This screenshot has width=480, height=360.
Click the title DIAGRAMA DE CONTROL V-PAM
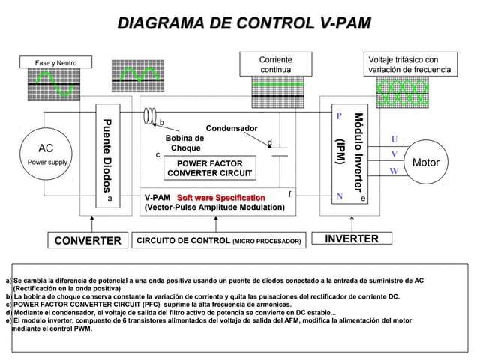coord(244,23)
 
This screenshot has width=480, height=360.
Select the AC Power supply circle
coord(46,154)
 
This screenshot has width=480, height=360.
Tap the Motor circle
coord(425,163)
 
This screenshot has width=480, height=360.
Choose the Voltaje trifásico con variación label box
coord(409,64)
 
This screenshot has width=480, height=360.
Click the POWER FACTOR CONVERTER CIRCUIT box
coord(210,168)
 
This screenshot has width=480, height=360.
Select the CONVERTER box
coord(86,240)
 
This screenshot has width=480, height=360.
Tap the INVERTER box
coord(352,239)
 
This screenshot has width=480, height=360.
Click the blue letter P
coord(339,117)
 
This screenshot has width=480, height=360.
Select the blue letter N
coord(340,197)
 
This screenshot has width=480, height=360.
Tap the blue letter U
coord(394,139)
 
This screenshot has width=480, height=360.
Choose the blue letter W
coord(394,171)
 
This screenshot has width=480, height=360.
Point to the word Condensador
coord(232,129)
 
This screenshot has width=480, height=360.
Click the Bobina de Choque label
coord(184,143)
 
